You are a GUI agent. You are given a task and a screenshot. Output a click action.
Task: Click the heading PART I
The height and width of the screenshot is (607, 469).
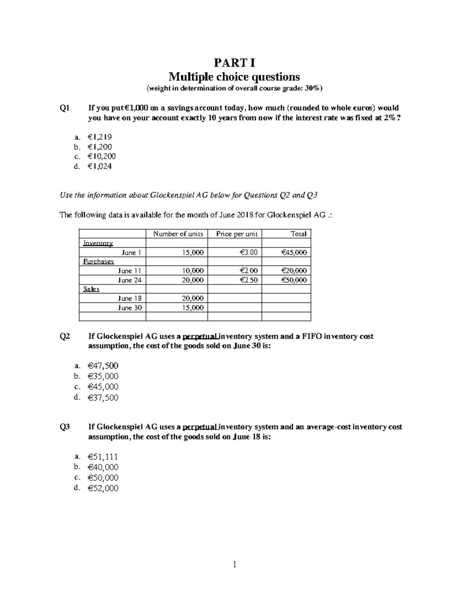click(x=234, y=63)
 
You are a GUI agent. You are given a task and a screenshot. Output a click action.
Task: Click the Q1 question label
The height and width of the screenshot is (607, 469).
click(x=64, y=108)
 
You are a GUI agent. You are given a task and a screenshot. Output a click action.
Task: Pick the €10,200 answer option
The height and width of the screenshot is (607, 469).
click(x=102, y=156)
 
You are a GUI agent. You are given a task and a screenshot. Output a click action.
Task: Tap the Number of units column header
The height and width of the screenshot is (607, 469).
click(x=178, y=234)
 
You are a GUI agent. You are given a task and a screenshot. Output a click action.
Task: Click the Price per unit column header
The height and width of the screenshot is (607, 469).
click(x=237, y=234)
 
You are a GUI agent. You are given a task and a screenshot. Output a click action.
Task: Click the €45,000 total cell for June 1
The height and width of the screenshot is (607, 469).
click(x=294, y=252)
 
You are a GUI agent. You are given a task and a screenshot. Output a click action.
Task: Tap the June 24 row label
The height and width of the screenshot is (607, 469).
click(x=129, y=280)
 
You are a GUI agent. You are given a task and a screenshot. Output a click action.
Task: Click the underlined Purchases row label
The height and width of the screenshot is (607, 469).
click(x=98, y=261)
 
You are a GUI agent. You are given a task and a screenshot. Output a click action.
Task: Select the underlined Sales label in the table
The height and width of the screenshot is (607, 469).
click(x=91, y=289)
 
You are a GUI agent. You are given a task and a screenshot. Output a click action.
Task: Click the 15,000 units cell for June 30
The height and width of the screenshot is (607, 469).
click(x=193, y=308)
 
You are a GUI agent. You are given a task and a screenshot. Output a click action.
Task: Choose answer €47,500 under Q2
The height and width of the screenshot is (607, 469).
click(x=103, y=366)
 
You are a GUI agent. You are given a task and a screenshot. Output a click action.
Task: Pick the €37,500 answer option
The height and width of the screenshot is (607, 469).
click(x=103, y=398)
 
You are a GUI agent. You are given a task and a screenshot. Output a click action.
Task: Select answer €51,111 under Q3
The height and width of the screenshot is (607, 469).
click(x=103, y=457)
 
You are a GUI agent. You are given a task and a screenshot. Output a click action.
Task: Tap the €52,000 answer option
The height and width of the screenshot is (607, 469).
click(x=103, y=488)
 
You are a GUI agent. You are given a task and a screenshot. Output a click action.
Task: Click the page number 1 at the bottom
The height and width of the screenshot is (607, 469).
click(x=234, y=564)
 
